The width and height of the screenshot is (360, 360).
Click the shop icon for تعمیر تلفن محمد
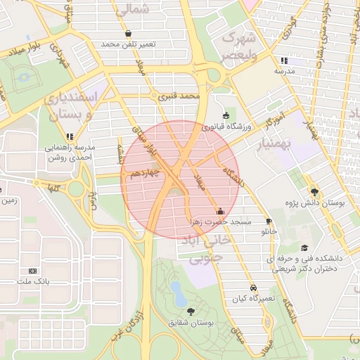tap(127, 33)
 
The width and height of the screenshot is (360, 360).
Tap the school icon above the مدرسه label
tap(283, 60)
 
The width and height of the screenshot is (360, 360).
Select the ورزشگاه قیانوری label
tap(226, 127)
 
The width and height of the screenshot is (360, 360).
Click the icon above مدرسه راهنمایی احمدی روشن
tap(70, 136)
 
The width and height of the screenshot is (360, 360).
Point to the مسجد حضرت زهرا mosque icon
tap(220, 211)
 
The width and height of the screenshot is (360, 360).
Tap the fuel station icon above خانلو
tap(269, 221)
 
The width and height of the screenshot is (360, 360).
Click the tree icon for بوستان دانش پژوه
tap(314, 192)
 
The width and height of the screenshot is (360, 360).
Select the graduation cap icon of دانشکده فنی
tap(304, 247)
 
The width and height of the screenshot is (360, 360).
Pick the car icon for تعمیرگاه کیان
tap(253, 288)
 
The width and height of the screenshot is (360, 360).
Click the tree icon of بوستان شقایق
tap(191, 311)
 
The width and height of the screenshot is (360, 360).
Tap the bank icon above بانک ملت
tap(32, 271)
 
